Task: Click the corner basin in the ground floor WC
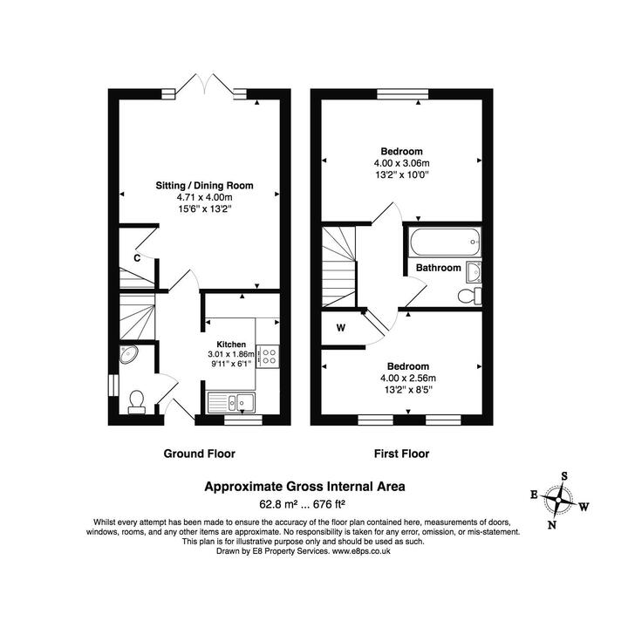(x=127, y=354)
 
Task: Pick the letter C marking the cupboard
(x=138, y=258)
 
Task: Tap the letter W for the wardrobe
(x=340, y=328)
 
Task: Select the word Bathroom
(x=438, y=268)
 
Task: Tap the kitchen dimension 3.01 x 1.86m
(x=231, y=354)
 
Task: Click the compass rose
(x=556, y=500)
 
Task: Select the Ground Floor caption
(x=200, y=454)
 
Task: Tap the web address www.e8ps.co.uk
(x=365, y=551)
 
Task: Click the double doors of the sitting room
(x=204, y=85)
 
